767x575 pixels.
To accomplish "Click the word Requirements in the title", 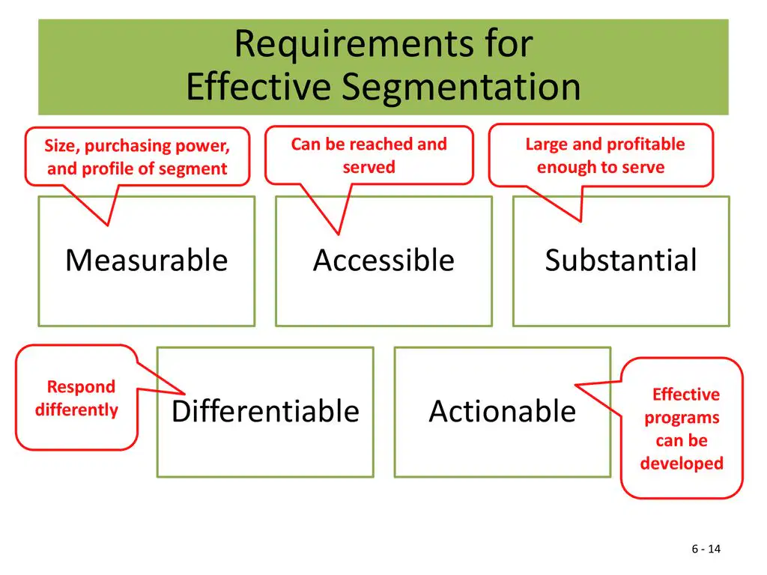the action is tap(354, 44).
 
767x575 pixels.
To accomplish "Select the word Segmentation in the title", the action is tap(461, 88).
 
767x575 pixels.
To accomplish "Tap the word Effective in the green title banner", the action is tap(258, 87).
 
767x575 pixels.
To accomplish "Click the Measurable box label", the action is tap(147, 260).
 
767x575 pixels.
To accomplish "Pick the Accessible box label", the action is tap(384, 260).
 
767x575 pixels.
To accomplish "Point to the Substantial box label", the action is tap(621, 260).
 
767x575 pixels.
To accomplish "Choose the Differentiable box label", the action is tap(266, 411).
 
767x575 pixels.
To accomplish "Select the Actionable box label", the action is tap(503, 411).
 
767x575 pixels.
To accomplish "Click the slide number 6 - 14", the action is tap(706, 549).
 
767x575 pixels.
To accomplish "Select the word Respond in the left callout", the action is tap(81, 387).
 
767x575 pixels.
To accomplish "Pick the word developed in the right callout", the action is tap(682, 463).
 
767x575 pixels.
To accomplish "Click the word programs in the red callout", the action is tap(682, 418).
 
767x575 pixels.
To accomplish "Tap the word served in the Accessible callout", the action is tap(369, 167).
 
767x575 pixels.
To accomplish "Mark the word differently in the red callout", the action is tap(77, 410).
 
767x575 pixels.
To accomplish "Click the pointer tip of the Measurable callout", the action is tap(108, 225).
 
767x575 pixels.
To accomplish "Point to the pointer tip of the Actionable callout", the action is tap(575, 386).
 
